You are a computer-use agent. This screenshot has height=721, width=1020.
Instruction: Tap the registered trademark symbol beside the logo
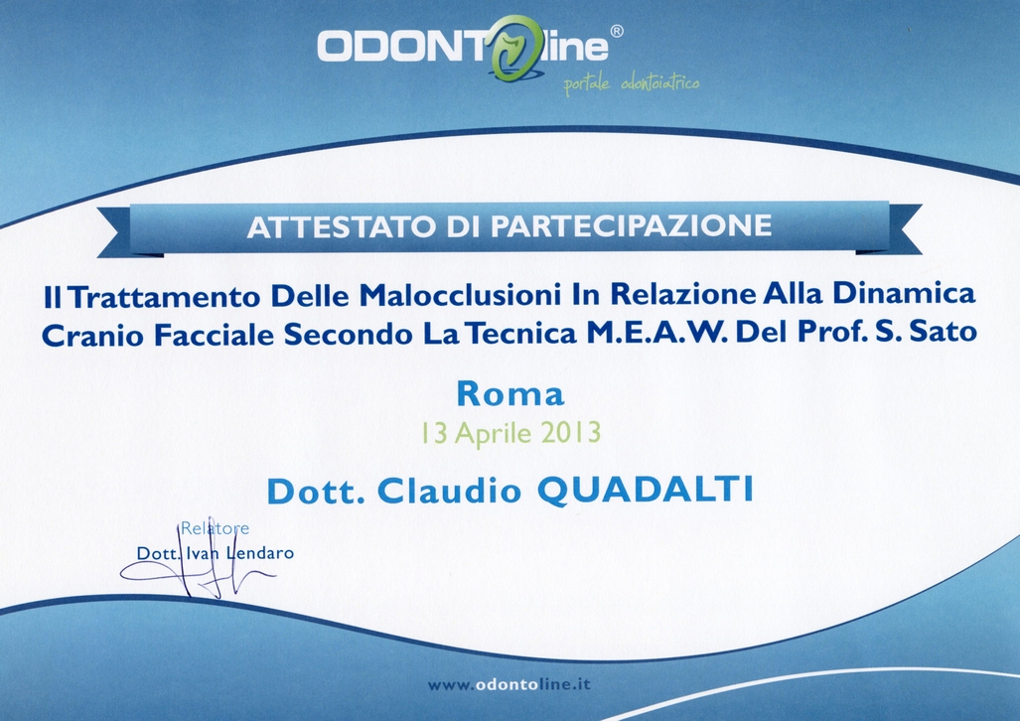[x=616, y=31]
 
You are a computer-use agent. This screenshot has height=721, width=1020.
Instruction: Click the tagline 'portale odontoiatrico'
[x=631, y=84]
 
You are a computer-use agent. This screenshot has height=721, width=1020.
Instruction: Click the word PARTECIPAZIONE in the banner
[x=631, y=225]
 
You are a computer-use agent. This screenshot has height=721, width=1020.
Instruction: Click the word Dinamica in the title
[x=904, y=293]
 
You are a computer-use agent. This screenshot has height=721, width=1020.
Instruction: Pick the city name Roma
[x=510, y=393]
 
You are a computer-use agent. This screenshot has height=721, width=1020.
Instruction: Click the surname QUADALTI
[x=645, y=490]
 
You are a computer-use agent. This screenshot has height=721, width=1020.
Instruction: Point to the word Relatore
[x=215, y=528]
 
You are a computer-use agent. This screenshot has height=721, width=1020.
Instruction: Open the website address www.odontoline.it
[x=510, y=684]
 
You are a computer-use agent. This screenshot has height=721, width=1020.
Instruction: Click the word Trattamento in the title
[x=165, y=297]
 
